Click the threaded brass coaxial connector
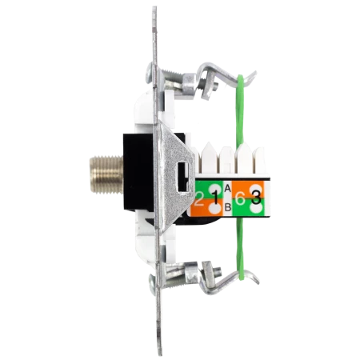(x=106, y=174)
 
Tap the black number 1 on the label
(x=216, y=198)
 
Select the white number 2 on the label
(x=198, y=199)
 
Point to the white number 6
(x=240, y=199)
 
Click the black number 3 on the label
(x=256, y=198)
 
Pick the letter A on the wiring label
(x=227, y=189)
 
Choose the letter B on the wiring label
(x=228, y=207)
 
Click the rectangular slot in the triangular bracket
(x=183, y=177)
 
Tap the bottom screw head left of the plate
(x=152, y=285)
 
